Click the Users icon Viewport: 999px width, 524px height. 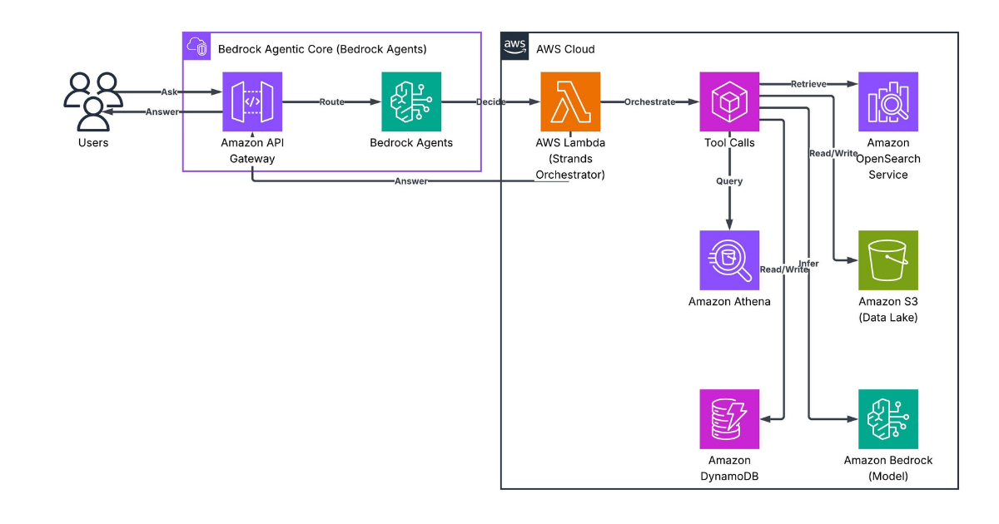[93, 101]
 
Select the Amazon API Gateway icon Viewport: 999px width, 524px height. [251, 101]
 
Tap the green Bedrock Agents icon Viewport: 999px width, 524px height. [411, 101]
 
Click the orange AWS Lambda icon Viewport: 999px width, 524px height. [570, 101]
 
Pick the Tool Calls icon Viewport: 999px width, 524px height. [729, 101]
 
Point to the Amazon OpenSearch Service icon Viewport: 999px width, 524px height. [888, 101]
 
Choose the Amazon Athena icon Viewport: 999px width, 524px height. [729, 260]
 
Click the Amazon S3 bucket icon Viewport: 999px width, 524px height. [888, 260]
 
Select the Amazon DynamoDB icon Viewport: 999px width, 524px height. [729, 419]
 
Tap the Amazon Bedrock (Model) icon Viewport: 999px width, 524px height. [888, 419]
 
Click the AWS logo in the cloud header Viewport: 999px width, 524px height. [515, 48]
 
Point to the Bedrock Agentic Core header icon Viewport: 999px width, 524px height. [198, 47]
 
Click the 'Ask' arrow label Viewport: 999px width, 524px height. [170, 92]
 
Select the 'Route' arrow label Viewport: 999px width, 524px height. [331, 102]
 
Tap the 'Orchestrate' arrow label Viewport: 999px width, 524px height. [649, 102]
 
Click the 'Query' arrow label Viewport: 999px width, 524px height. [729, 180]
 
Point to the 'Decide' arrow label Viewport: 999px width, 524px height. [490, 102]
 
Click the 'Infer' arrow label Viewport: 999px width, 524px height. [808, 264]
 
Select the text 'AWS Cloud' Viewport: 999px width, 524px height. [565, 49]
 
